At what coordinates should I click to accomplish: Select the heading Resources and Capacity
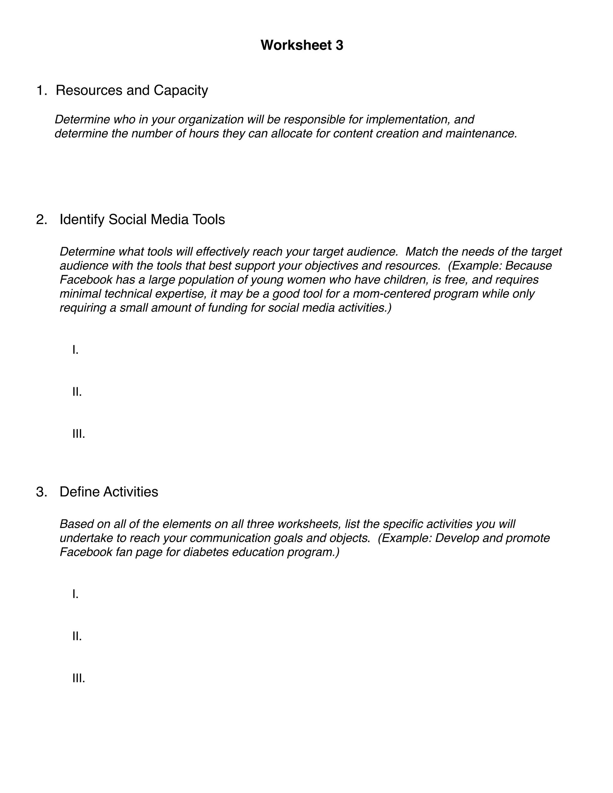coord(131,90)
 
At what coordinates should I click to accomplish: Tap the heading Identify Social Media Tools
coord(142,219)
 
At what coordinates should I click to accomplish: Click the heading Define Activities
coord(109,492)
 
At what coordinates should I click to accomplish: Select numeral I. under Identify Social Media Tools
coord(75,350)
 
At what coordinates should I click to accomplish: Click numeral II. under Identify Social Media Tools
coord(77,392)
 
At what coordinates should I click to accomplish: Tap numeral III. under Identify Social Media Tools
coord(78,434)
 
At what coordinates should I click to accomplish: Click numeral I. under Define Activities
coord(75,594)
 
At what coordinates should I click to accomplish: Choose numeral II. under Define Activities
coord(77,636)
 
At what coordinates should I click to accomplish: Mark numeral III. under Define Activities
coord(78,678)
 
